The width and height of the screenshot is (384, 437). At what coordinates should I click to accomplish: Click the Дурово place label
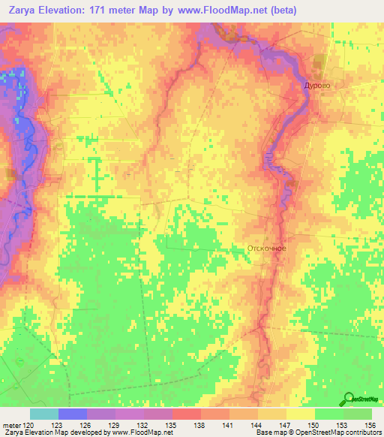coord(316,86)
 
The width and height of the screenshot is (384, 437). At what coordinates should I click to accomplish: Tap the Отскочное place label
coord(266,248)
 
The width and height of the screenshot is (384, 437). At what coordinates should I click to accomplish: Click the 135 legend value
coord(172,424)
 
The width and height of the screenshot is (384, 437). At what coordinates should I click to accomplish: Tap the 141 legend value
coord(229,424)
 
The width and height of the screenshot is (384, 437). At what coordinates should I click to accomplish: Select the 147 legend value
coord(286,424)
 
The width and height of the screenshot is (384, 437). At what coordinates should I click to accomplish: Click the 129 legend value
coord(115,424)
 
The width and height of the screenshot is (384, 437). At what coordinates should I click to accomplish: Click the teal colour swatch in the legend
coord(44,414)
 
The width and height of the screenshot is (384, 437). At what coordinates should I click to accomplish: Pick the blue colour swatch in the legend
coord(73,414)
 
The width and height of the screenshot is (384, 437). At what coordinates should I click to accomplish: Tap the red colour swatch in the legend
coord(187,414)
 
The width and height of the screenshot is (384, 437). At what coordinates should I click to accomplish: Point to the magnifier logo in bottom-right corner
coord(349,399)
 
